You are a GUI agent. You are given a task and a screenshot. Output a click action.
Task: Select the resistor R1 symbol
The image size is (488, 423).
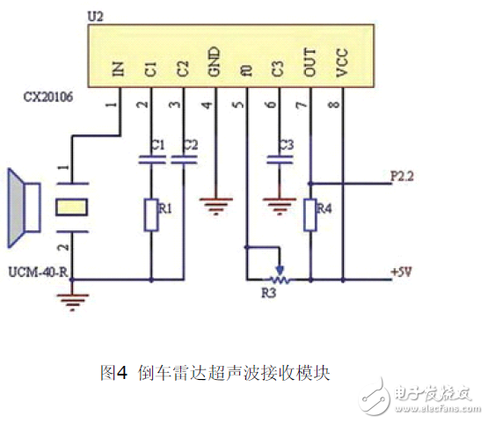(151, 212)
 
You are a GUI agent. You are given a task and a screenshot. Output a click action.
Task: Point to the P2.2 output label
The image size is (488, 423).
(402, 176)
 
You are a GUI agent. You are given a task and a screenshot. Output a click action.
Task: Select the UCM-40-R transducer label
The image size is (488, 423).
(38, 273)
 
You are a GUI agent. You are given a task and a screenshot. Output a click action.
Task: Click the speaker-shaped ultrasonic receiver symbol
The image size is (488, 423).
(18, 208)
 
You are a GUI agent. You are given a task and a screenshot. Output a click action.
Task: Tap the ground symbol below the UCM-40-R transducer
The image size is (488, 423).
(71, 303)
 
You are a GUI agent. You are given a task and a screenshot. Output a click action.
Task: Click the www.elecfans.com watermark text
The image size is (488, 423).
(430, 409)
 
